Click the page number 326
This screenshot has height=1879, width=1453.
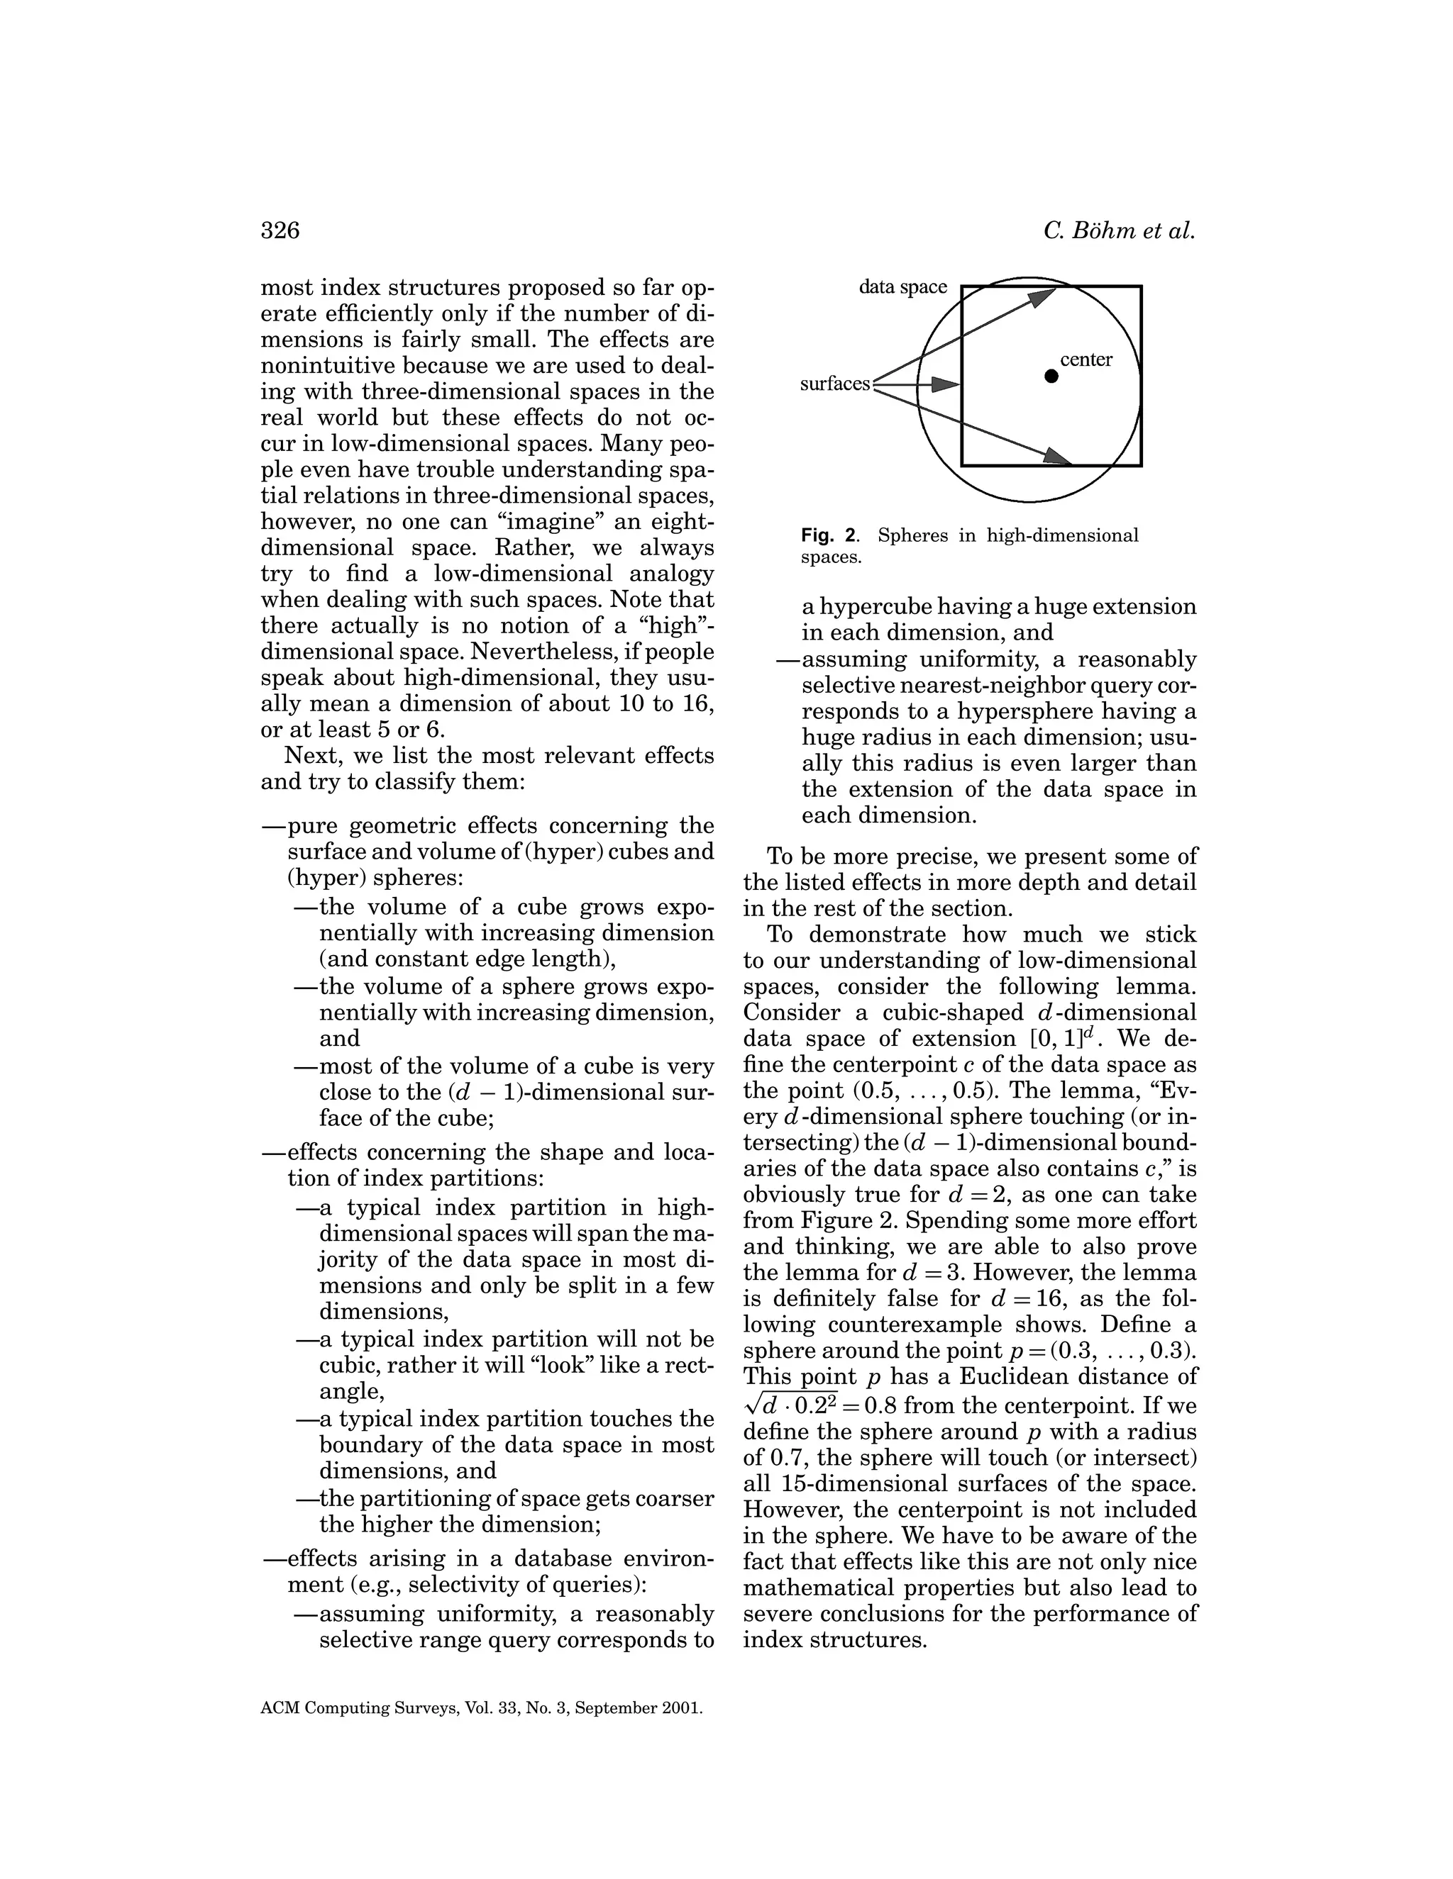pyautogui.click(x=280, y=230)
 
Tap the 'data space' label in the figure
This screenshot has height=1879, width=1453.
pyautogui.click(x=902, y=287)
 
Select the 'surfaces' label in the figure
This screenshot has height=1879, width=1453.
pyautogui.click(x=835, y=384)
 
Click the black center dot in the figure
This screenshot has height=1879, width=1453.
pyautogui.click(x=1051, y=376)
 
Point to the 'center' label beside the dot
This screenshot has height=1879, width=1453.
pyautogui.click(x=1086, y=359)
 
